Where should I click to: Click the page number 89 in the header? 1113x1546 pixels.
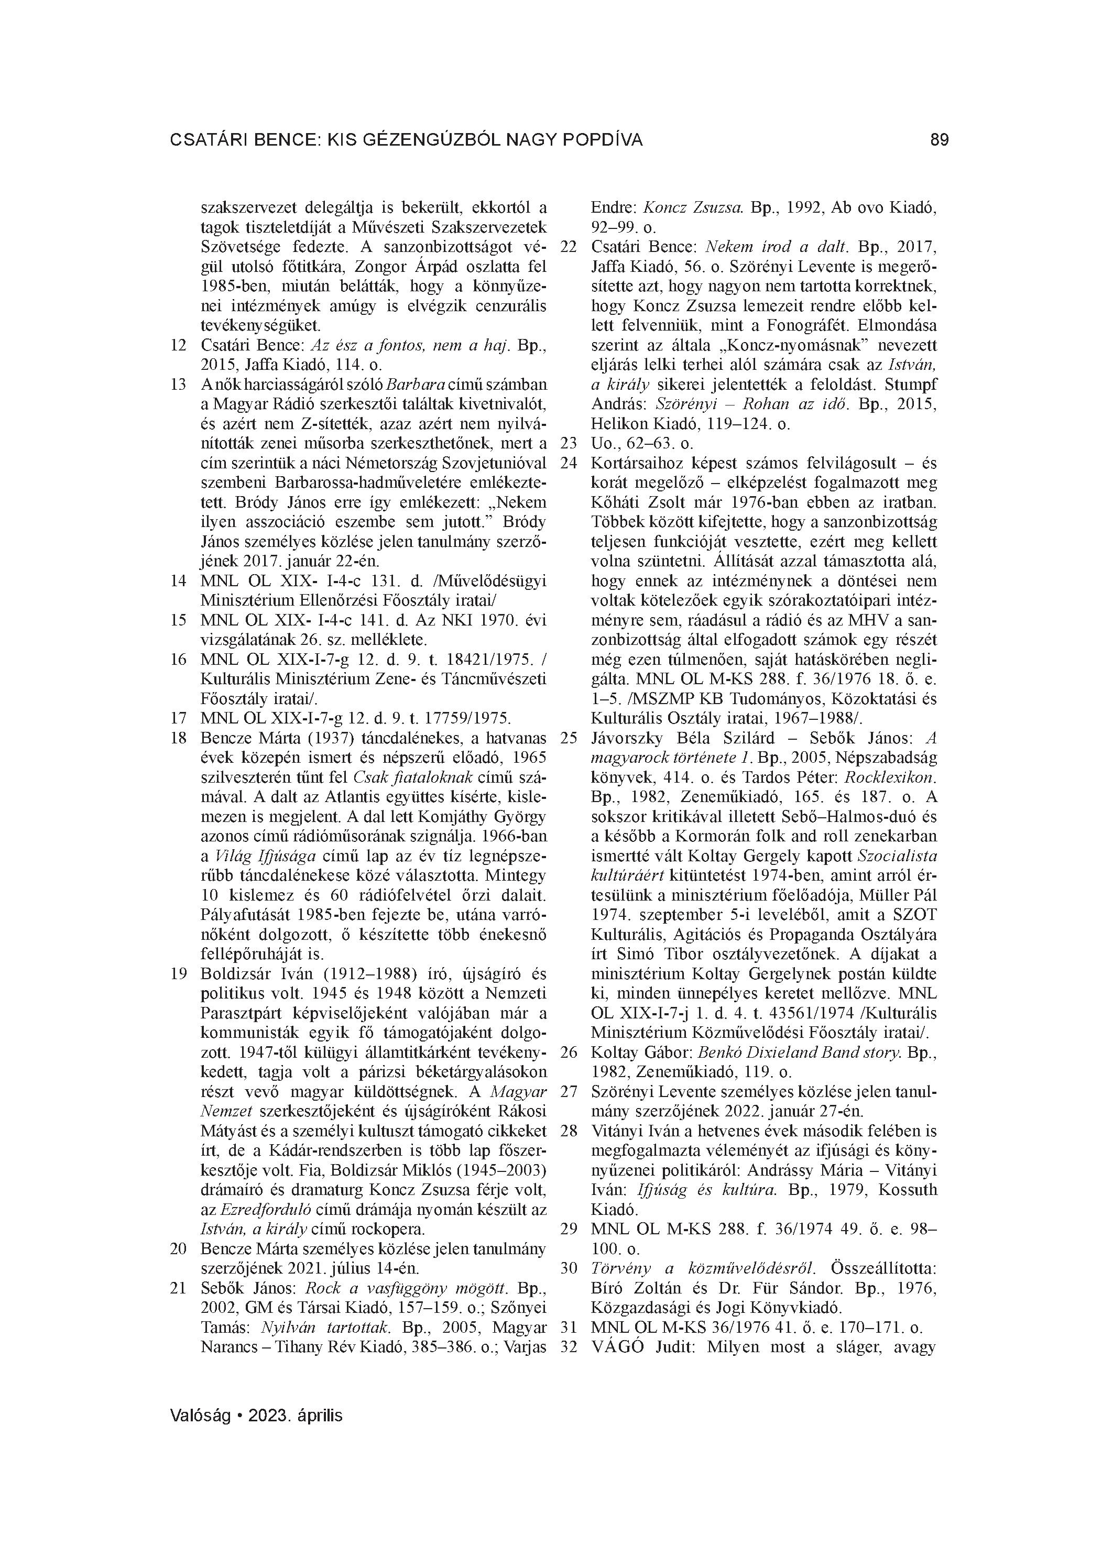(x=939, y=140)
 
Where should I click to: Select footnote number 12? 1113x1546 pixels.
(x=179, y=346)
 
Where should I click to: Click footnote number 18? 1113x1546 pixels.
(x=179, y=738)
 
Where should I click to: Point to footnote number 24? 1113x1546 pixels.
(x=569, y=463)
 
